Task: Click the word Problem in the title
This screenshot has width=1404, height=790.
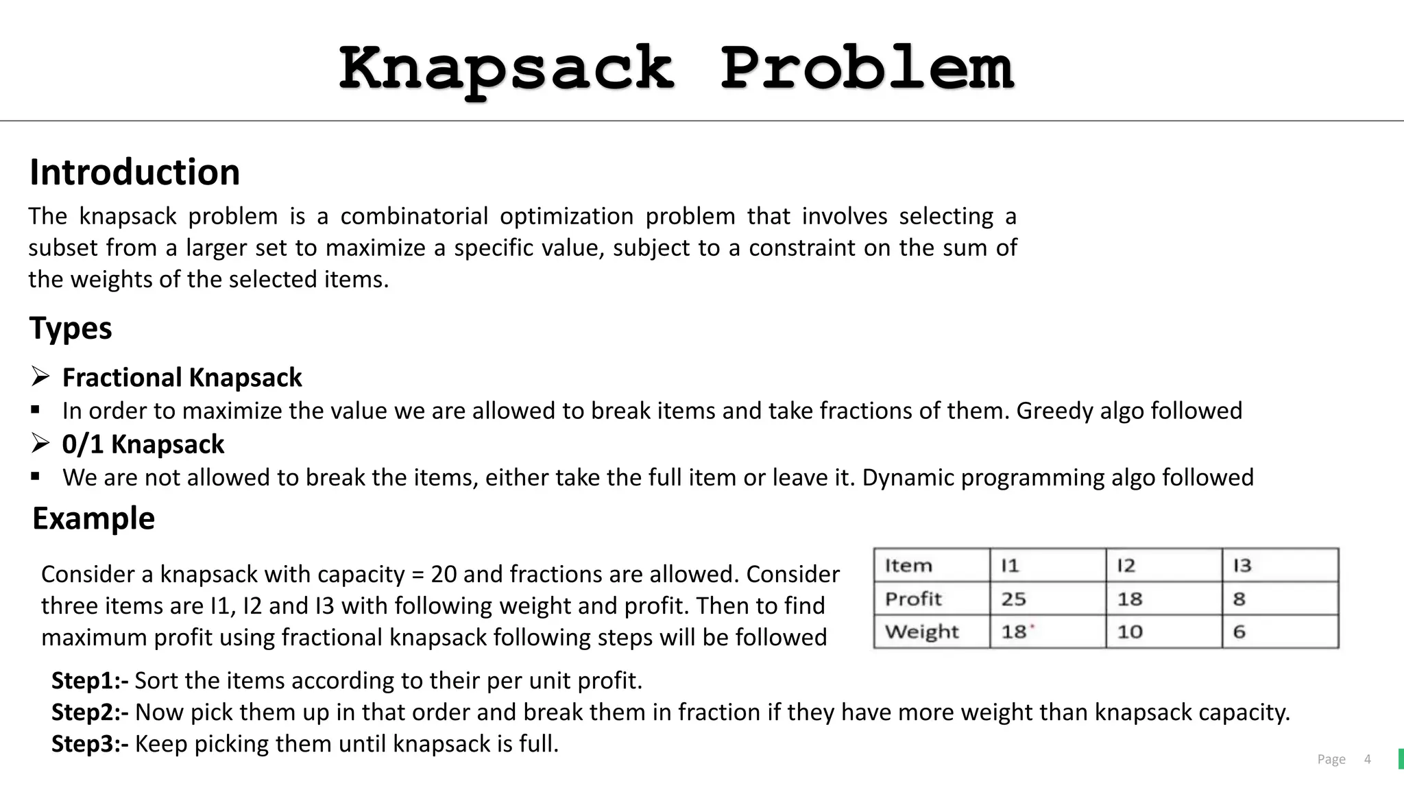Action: [x=867, y=69]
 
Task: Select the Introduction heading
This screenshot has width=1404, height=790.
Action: [x=134, y=172]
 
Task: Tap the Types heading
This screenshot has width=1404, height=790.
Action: [x=71, y=328]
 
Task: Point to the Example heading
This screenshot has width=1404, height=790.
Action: [x=94, y=518]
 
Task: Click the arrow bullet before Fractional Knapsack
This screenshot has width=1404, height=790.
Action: [x=40, y=376]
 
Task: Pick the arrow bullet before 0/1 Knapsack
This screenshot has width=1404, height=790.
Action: [x=40, y=444]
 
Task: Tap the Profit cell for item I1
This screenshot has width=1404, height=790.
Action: [x=1014, y=599]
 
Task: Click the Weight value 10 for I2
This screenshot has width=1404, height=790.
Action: [x=1130, y=632]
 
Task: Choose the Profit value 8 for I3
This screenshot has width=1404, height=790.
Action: [x=1239, y=599]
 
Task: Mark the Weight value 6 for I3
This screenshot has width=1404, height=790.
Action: [x=1239, y=632]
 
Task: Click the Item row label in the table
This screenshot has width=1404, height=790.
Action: [x=908, y=566]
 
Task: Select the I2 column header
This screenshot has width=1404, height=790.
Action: [x=1126, y=566]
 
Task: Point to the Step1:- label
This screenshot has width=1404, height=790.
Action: [x=90, y=680]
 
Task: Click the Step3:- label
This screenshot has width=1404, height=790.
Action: [x=90, y=743]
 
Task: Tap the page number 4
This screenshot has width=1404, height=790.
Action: [x=1367, y=759]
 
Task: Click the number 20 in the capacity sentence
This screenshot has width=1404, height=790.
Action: [x=444, y=574]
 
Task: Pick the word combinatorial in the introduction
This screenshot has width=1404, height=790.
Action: [x=414, y=216]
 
